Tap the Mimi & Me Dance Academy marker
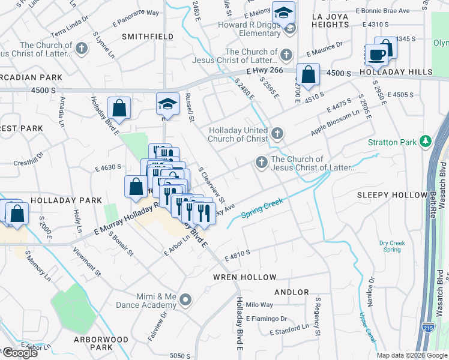pos(186,299)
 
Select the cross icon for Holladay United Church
pos(276,133)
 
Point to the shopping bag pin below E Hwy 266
pos(308,76)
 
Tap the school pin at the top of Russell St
pos(167,104)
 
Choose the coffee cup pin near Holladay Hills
pos(376,55)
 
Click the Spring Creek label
pos(262,208)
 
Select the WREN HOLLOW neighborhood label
pos(245,277)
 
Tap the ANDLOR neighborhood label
pos(291,292)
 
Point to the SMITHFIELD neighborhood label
pos(143,36)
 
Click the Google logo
pos(20,353)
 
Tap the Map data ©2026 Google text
pos(412,355)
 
